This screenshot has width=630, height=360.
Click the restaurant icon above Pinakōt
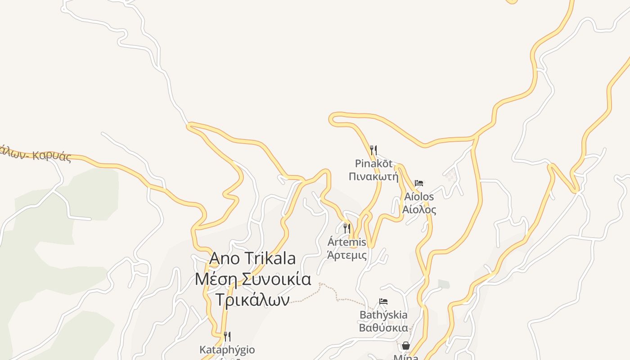(x=373, y=150)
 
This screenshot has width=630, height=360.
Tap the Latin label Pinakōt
(x=373, y=163)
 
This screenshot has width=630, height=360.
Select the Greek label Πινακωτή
(x=373, y=176)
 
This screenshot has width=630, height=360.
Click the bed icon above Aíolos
(x=419, y=183)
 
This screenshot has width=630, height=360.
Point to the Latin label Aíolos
(x=419, y=197)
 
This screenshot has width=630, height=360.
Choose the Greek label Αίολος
(x=419, y=209)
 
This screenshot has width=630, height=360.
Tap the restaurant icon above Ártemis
(x=346, y=229)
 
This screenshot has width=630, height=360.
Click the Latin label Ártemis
(x=346, y=243)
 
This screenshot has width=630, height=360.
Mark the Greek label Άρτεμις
(x=346, y=255)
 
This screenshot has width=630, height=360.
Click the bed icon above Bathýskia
(x=383, y=301)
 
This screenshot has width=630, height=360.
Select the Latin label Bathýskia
(x=383, y=315)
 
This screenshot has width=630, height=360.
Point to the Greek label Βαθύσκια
(x=383, y=327)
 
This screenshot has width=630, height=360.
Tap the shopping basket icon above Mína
(x=406, y=346)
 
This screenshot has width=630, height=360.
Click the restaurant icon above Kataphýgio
(x=227, y=337)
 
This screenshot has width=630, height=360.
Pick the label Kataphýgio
(x=227, y=350)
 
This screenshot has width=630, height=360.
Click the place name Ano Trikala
(x=252, y=258)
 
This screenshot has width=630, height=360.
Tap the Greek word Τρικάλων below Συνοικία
(x=252, y=300)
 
